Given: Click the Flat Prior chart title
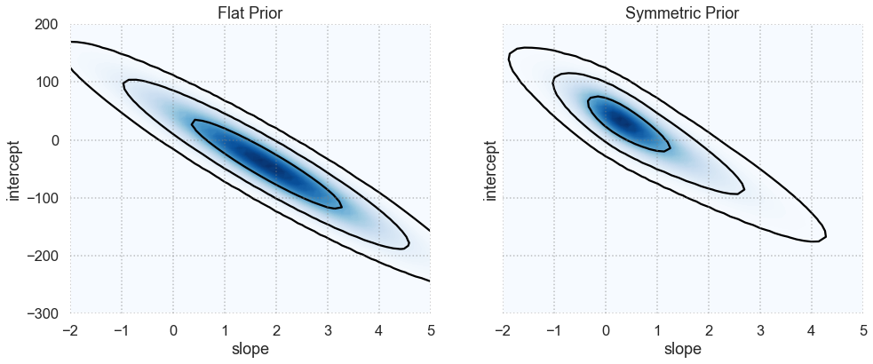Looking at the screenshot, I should [x=250, y=12].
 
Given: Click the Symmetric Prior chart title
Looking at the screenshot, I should [x=682, y=12].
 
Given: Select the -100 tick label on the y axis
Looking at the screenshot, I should [x=41, y=198].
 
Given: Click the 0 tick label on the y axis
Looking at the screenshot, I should [x=56, y=140].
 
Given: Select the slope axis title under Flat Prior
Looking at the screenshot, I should [x=250, y=350].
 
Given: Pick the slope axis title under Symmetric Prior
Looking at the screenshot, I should [x=682, y=350].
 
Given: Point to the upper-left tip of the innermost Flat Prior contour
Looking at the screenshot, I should [x=194, y=122].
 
